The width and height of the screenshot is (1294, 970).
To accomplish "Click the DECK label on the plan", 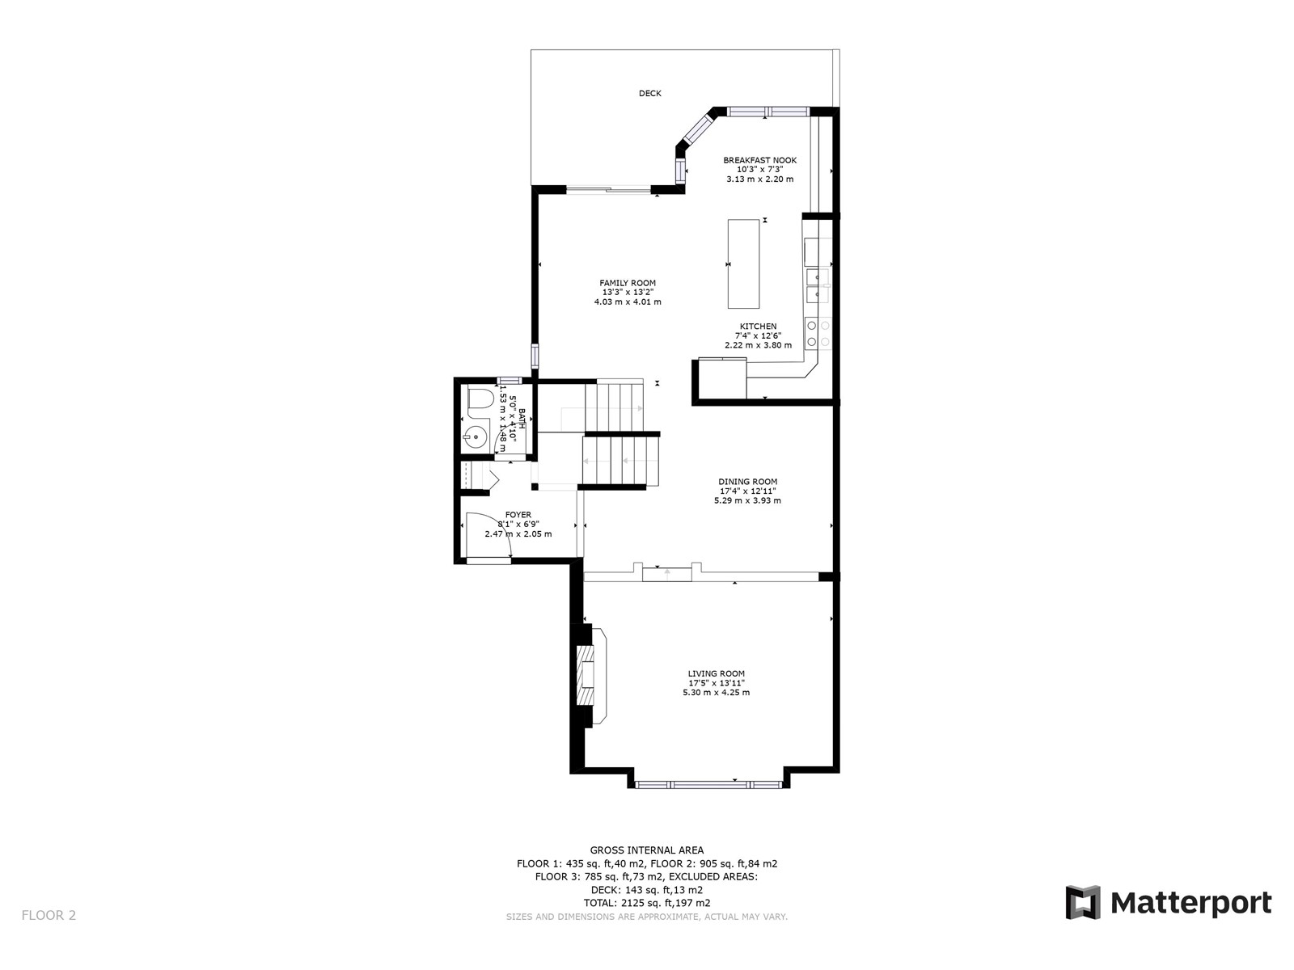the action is [649, 93].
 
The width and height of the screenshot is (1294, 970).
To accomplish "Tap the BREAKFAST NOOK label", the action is [759, 160].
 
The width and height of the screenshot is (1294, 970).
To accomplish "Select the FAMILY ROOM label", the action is [628, 283].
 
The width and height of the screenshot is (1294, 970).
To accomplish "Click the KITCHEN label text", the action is [758, 327].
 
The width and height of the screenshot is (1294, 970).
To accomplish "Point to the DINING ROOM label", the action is [747, 481].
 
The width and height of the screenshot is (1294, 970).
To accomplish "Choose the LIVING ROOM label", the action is [717, 673].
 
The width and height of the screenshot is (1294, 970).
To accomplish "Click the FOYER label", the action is [518, 515].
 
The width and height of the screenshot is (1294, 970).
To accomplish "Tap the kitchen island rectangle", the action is [743, 264].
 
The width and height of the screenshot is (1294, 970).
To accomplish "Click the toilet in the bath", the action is [480, 399].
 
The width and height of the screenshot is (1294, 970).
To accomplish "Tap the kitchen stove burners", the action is [818, 333].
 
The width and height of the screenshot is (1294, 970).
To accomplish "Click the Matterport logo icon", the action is [1082, 901].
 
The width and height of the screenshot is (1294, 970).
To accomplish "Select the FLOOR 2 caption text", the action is [49, 915].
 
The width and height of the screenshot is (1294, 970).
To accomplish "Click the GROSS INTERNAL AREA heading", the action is [647, 850].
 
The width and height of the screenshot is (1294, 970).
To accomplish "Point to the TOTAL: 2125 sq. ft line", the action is [647, 903].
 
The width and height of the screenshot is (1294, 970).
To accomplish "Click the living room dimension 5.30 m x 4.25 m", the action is [717, 693].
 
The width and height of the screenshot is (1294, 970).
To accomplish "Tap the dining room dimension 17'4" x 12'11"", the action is [747, 491].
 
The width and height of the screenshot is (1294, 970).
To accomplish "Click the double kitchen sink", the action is [818, 285].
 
